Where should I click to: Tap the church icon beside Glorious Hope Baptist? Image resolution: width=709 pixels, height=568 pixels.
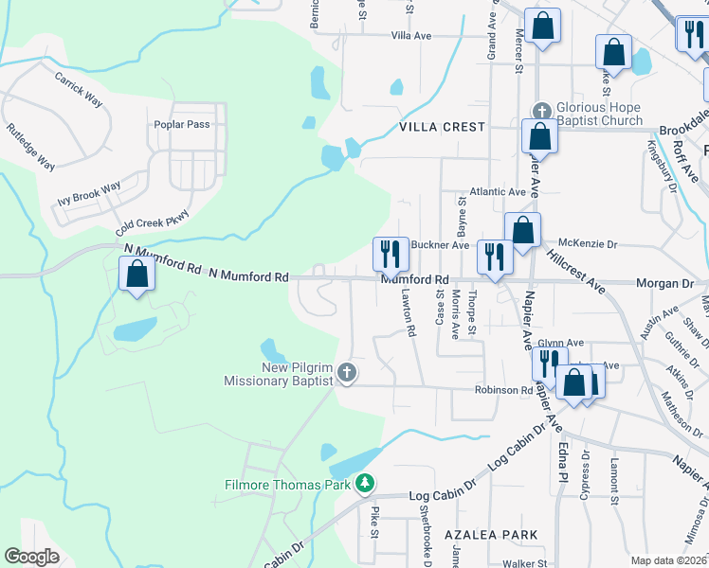541,109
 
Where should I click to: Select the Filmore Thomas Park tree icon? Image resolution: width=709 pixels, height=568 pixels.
365,485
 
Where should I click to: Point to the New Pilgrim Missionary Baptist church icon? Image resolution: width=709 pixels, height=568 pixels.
347,373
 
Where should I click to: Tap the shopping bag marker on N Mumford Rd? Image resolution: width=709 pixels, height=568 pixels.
137,275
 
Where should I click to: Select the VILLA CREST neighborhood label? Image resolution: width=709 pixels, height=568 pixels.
442,127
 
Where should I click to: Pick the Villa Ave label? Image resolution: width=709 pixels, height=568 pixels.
411,36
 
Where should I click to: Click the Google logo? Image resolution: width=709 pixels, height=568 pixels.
32,556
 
